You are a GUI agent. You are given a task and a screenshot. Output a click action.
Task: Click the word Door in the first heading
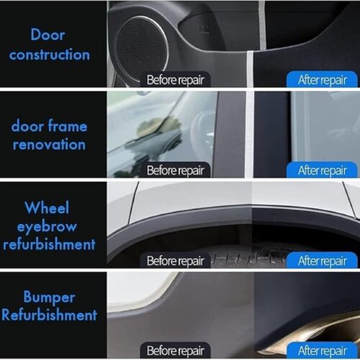tap(48, 35)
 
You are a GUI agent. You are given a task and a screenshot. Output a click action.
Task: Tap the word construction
tap(50, 55)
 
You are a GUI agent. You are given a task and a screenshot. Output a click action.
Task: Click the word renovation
tap(49, 145)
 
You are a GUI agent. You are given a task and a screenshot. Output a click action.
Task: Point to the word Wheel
tap(47, 207)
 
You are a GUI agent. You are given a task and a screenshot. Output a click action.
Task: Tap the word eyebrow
tap(47, 227)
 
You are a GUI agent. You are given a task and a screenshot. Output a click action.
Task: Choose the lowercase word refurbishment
tap(49, 245)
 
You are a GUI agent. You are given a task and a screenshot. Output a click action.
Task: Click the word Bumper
tap(49, 298)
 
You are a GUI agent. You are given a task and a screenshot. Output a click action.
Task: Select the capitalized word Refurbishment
tap(49, 315)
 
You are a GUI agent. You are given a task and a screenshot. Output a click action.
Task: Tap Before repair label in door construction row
tap(176, 80)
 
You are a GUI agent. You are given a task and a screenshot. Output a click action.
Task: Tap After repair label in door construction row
tap(323, 80)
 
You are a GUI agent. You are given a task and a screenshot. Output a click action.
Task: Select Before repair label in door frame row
tap(176, 170)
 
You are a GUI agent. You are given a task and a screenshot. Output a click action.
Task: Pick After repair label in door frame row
tap(323, 170)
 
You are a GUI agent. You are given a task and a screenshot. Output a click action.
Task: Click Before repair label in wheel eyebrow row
tap(176, 261)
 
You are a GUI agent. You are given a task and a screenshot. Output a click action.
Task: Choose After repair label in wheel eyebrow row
tap(323, 261)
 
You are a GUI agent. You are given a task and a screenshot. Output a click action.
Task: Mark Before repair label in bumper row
tap(176, 351)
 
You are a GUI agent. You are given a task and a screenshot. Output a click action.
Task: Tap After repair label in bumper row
tap(323, 351)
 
